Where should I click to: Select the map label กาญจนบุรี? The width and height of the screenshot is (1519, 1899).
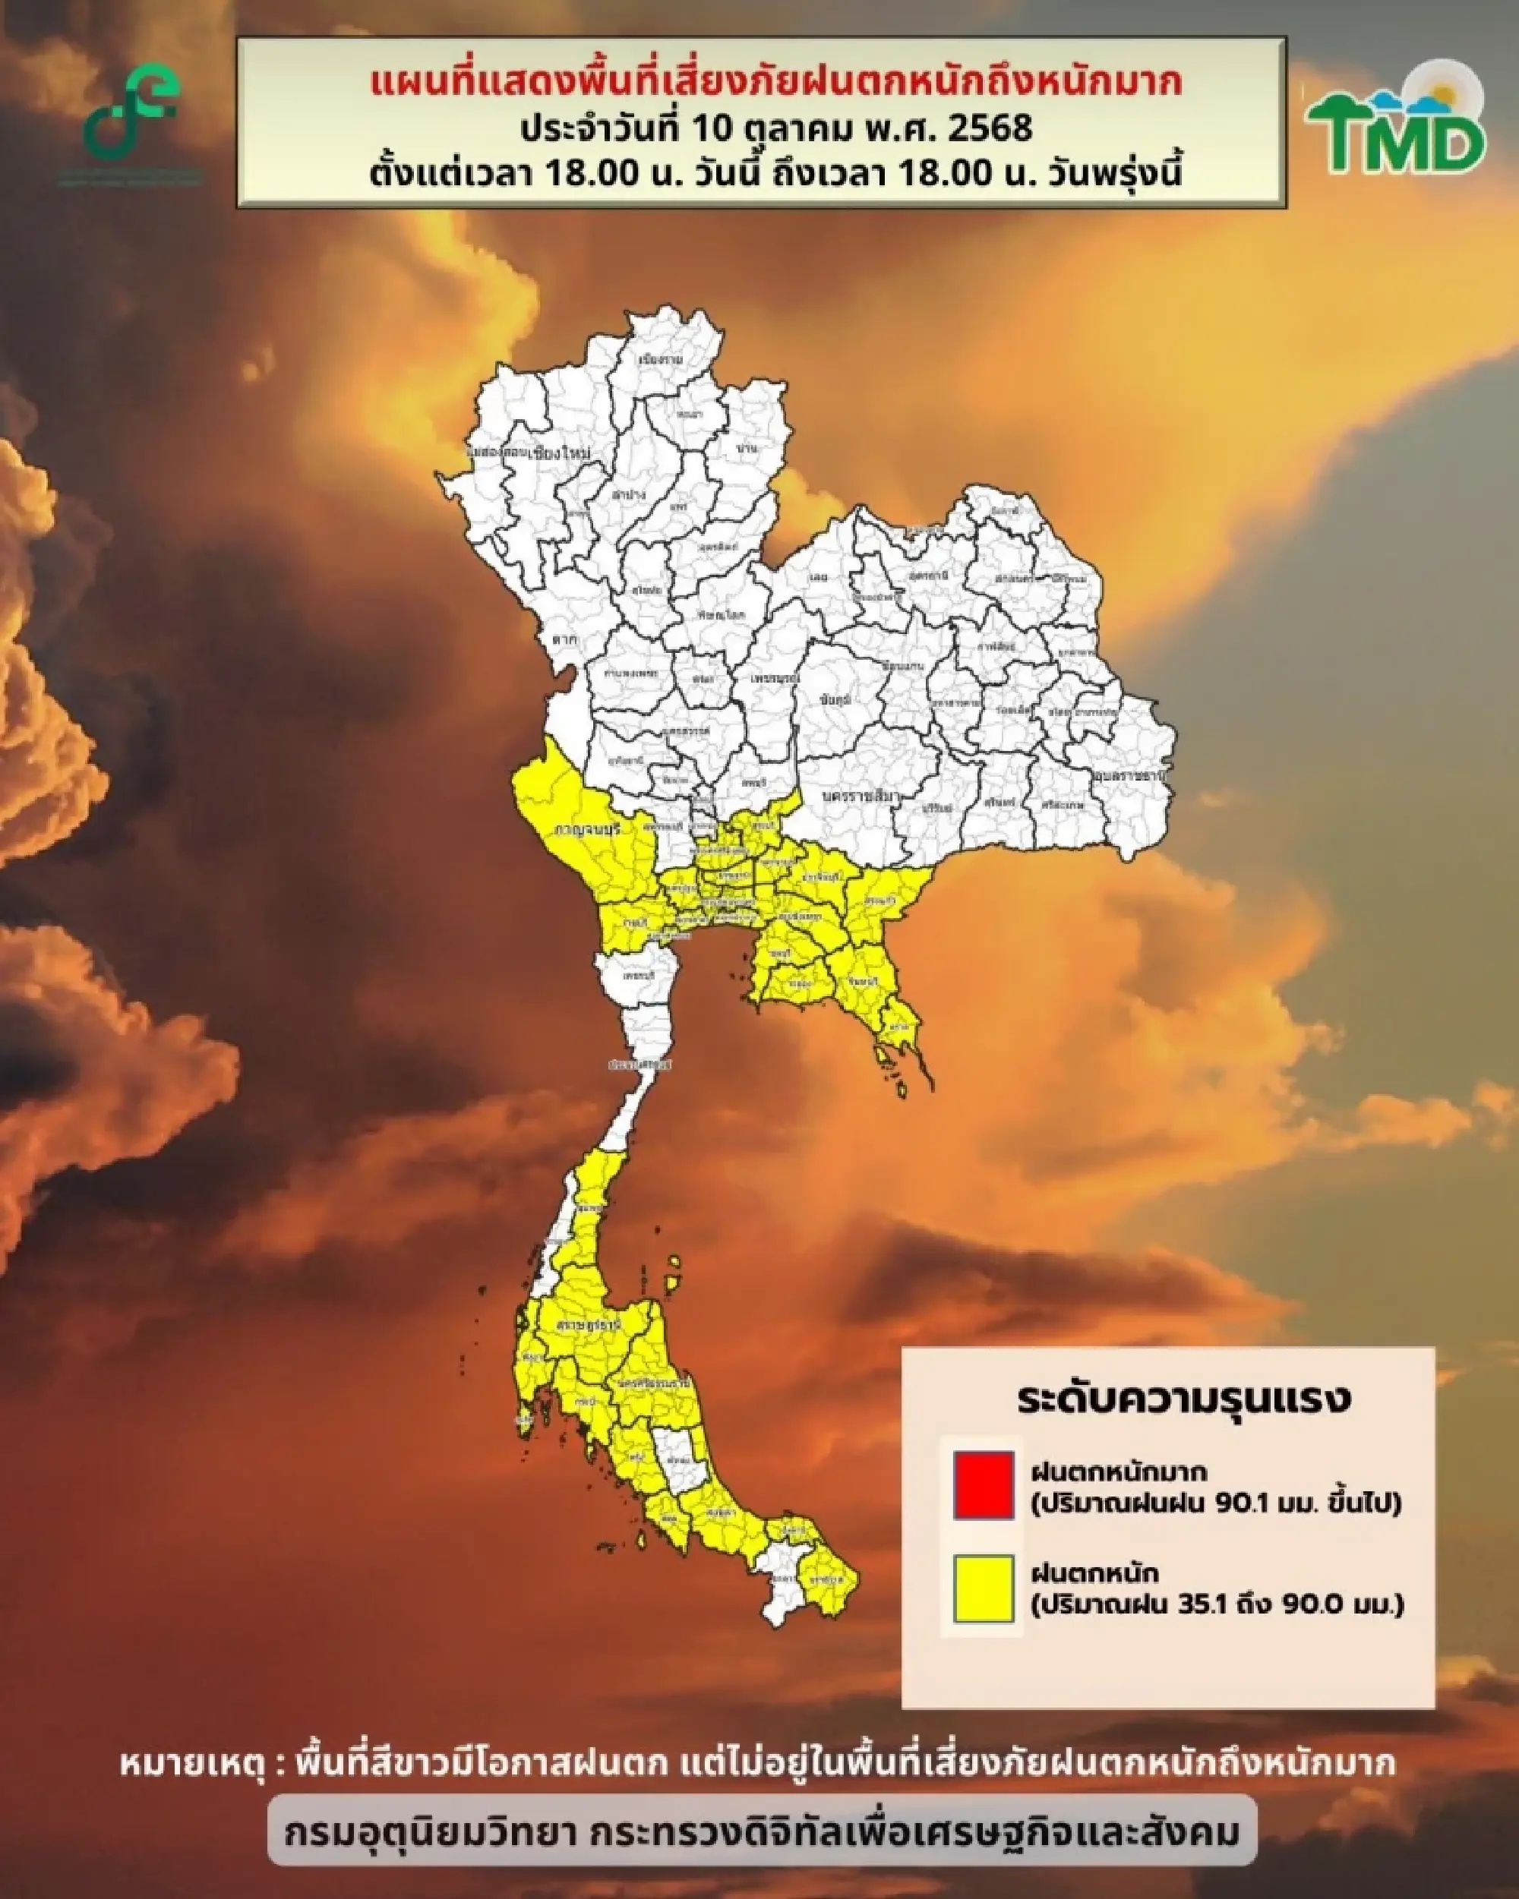click(587, 829)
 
